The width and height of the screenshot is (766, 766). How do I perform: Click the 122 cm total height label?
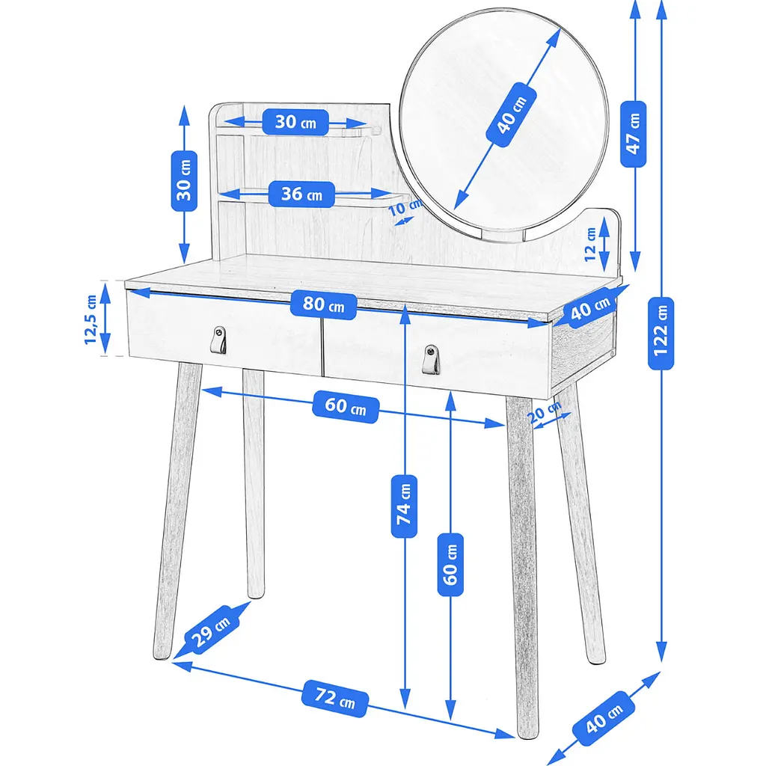coord(661,333)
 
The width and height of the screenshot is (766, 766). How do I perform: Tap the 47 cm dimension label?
coord(633,135)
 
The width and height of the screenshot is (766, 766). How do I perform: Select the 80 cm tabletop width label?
coord(323,304)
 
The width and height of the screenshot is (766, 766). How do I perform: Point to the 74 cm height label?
coord(404,506)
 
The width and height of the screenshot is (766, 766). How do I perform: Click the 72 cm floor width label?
coord(335,698)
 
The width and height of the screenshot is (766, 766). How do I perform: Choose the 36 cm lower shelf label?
coord(301,194)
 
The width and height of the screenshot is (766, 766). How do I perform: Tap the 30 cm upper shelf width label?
coord(295,122)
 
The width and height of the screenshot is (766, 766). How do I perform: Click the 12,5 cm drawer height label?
coord(91,319)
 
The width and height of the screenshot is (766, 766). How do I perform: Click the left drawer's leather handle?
coord(218,340)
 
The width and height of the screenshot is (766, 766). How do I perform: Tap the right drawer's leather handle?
coord(430,360)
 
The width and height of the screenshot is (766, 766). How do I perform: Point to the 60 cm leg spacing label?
coord(346,406)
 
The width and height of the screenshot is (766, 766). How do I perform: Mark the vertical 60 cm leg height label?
coord(450,566)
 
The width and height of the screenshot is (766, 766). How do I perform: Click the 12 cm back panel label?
coord(590,244)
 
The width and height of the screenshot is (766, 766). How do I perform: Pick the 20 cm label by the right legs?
coord(545,412)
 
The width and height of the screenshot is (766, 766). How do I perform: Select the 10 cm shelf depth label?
coord(405,207)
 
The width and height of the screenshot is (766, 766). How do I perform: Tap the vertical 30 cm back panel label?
coord(184,181)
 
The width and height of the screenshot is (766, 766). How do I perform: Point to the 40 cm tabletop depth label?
coord(591,307)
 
